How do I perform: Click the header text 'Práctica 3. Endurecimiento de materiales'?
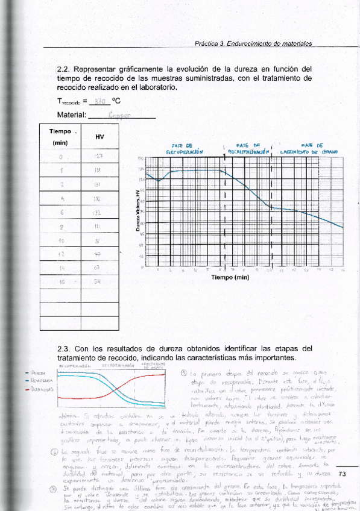click(253, 44)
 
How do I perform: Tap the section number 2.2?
click(64, 69)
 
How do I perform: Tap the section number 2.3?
click(64, 348)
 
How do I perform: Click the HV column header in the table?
click(99, 137)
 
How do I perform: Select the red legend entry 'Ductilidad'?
click(30, 390)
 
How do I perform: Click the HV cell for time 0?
click(99, 157)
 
